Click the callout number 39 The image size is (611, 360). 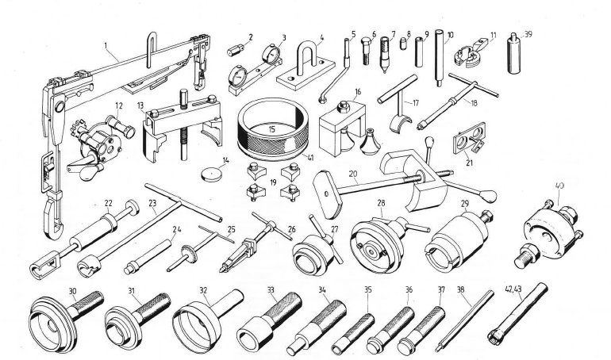(528, 34)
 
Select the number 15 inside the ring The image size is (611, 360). (272, 128)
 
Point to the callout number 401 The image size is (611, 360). (559, 186)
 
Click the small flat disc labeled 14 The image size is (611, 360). (212, 174)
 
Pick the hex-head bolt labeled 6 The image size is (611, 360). (367, 51)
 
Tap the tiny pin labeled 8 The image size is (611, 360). (404, 44)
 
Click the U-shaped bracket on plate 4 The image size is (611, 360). (305, 59)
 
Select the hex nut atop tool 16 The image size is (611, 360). (343, 105)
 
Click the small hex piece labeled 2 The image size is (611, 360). (236, 50)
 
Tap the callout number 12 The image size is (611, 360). (119, 105)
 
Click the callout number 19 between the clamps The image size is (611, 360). (272, 182)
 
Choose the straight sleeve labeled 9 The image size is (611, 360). (419, 52)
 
